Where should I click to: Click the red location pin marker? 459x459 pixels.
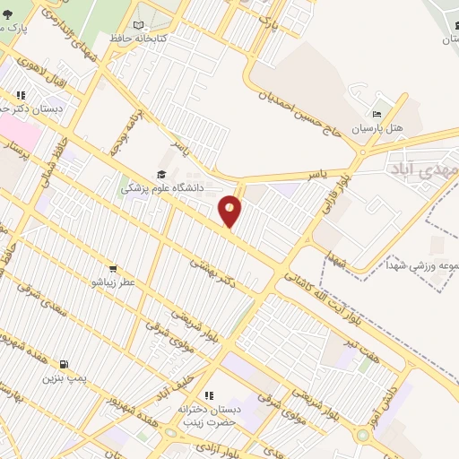tap(230, 211)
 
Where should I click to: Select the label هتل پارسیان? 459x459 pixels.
tap(377, 128)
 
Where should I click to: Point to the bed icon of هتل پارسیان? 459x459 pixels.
tap(377, 114)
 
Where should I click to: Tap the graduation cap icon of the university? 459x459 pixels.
tap(161, 175)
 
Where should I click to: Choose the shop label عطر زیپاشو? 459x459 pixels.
tap(112, 281)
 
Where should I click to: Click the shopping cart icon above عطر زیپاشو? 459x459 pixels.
tap(112, 268)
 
